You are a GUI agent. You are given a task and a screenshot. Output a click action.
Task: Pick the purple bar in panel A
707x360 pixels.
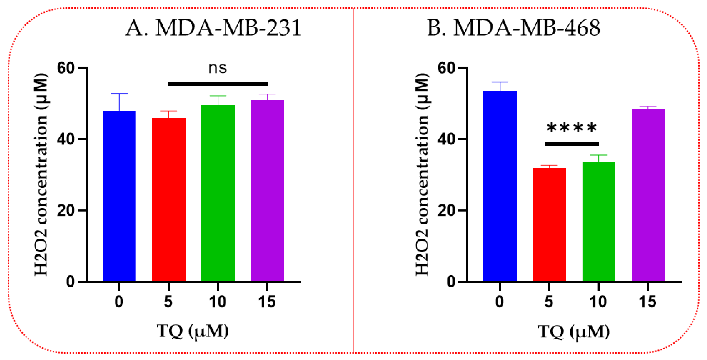pyautogui.click(x=267, y=190)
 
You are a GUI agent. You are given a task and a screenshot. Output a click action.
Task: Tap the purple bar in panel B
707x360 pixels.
pyautogui.click(x=648, y=195)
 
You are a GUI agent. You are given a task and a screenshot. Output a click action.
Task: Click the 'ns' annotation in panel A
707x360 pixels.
pyautogui.click(x=218, y=68)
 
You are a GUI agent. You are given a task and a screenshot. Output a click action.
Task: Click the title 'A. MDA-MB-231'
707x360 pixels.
pyautogui.click(x=213, y=28)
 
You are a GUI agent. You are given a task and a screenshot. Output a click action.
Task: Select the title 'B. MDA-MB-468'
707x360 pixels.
pyautogui.click(x=514, y=28)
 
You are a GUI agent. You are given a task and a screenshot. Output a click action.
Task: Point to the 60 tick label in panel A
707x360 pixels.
pyautogui.click(x=66, y=68)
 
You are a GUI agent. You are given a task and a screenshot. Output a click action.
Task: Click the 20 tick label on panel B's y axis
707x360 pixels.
pyautogui.click(x=446, y=211)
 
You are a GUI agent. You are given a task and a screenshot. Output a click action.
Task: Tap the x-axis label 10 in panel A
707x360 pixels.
pyautogui.click(x=218, y=302)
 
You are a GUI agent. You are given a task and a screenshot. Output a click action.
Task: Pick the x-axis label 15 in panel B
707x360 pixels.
pyautogui.click(x=648, y=302)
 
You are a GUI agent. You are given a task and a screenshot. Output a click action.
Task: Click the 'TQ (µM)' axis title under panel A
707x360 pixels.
pyautogui.click(x=193, y=331)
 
